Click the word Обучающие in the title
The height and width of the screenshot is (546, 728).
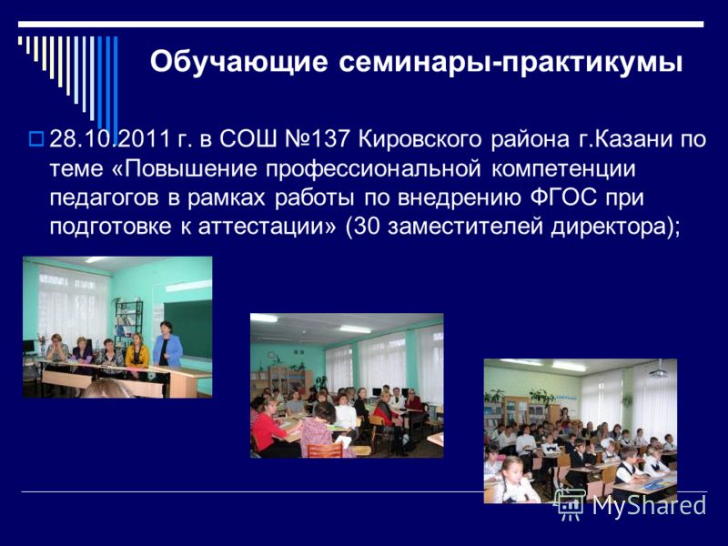(238, 62)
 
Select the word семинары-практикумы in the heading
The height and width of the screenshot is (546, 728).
(511, 63)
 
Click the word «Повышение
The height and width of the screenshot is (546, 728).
(185, 168)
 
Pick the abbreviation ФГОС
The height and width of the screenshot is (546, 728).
(563, 197)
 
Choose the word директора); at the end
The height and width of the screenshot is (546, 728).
(616, 227)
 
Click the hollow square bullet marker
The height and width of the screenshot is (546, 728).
(35, 138)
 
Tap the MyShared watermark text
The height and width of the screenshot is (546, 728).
(649, 505)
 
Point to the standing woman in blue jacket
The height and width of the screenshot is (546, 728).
(167, 345)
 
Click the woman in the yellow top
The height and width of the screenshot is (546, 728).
(137, 351)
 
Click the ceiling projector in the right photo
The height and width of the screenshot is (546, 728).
(658, 370)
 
